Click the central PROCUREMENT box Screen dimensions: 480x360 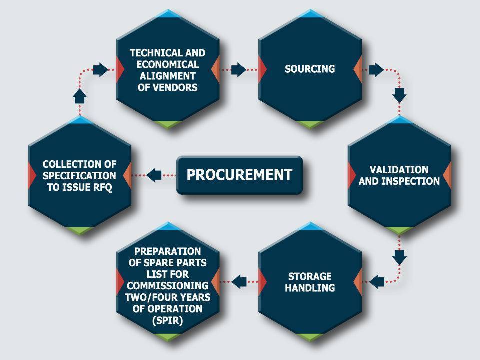tap(239, 175)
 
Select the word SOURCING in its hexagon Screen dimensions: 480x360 tap(310, 69)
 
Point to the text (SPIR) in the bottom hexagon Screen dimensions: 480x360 tap(168, 320)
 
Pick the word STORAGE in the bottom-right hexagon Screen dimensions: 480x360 tap(310, 276)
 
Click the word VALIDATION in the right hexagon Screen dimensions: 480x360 tap(399, 170)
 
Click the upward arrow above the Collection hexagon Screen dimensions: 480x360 tap(80, 96)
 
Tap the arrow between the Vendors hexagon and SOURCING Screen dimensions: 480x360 tap(239, 70)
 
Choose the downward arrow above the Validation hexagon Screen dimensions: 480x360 tap(399, 95)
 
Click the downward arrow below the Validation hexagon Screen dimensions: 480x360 tap(399, 258)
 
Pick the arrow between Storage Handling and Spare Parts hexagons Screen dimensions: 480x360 tap(239, 281)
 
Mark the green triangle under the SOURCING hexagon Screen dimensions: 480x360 tap(310, 124)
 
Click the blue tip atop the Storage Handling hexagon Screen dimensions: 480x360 tap(310, 226)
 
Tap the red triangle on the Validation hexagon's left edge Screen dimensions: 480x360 tap(351, 175)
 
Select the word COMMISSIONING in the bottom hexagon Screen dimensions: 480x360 tap(168, 286)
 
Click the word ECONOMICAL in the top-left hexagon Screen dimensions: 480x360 tap(168, 64)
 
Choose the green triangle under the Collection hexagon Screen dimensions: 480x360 tap(80, 230)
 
